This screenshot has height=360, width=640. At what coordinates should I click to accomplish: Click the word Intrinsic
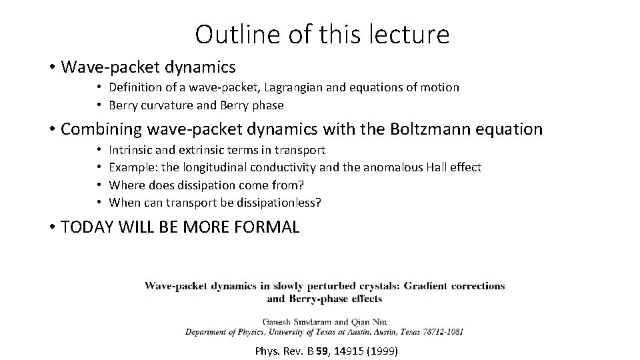point(132,151)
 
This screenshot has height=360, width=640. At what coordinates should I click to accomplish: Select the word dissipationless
point(275,202)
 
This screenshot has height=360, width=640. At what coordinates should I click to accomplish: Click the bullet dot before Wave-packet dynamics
point(51,67)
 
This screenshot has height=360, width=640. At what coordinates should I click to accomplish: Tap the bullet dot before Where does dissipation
point(98,185)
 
